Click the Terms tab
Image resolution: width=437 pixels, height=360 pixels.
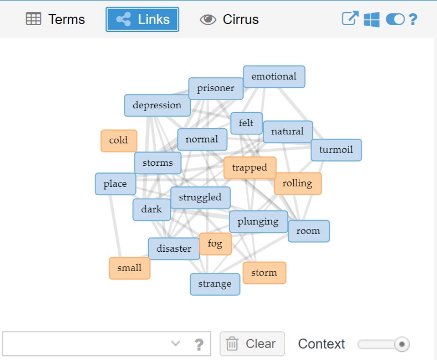click(x=56, y=19)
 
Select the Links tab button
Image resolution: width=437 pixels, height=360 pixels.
click(x=142, y=19)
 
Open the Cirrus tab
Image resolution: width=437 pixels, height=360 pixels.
click(x=230, y=19)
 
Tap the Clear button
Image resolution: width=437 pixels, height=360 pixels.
click(x=252, y=344)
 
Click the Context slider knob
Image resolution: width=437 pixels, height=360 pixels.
click(x=401, y=344)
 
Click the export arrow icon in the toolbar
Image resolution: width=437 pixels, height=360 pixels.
click(x=350, y=19)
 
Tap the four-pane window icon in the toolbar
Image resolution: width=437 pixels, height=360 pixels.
click(x=372, y=19)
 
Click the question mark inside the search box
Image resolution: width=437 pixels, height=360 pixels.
click(x=199, y=344)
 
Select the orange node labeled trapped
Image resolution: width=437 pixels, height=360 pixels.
click(x=250, y=168)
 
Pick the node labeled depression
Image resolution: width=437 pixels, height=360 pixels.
click(x=157, y=105)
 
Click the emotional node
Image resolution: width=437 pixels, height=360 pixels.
click(x=274, y=77)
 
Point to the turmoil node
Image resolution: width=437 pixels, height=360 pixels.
click(x=336, y=150)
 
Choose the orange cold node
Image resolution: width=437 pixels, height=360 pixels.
click(x=119, y=141)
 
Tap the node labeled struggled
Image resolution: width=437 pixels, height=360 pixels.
click(x=200, y=198)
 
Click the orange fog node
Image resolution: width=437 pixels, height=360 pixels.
click(x=215, y=244)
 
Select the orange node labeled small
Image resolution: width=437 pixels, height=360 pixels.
click(x=130, y=268)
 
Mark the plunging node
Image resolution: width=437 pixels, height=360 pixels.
click(x=258, y=222)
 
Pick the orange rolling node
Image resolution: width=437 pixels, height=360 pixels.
click(x=298, y=183)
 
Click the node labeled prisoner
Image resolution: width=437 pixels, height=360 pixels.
click(x=216, y=88)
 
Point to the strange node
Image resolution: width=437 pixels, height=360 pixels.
click(x=215, y=284)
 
